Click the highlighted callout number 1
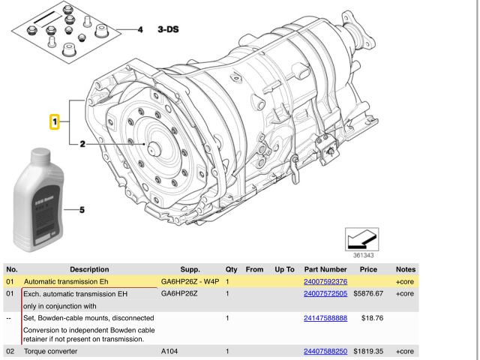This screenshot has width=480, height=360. (54, 121)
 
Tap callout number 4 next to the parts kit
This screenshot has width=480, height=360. (139, 30)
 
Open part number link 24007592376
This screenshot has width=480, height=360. (325, 281)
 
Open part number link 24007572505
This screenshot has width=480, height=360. (325, 294)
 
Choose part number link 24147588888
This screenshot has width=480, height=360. (325, 318)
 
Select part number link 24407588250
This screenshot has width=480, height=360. (325, 351)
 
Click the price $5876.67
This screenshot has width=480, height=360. (368, 294)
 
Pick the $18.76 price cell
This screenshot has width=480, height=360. (372, 318)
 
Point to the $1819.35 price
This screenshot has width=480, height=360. (368, 351)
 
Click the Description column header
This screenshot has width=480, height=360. (89, 268)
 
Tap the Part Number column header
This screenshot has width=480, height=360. (325, 268)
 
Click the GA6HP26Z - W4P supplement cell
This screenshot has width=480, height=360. (190, 281)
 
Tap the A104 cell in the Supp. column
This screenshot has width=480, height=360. (170, 351)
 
